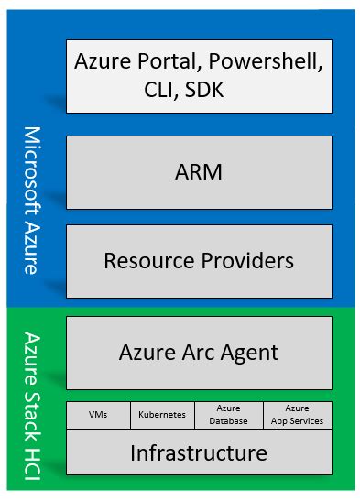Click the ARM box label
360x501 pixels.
point(199,172)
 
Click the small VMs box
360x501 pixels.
point(98,415)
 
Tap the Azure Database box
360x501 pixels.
point(230,415)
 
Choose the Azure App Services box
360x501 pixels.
point(297,415)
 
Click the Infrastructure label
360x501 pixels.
point(199,452)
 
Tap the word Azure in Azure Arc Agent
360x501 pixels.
point(149,352)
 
